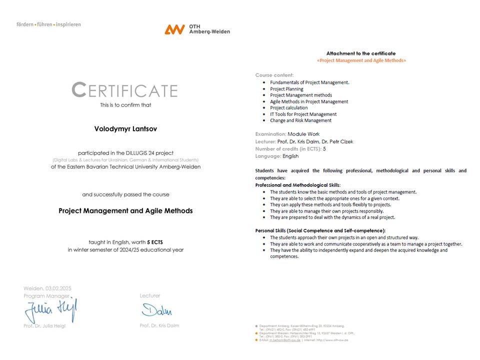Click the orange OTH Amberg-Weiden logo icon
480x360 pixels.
pos(174,29)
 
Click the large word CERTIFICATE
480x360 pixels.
pos(124,90)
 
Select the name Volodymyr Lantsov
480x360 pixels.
pos(125,128)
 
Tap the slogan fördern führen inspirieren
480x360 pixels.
pos(48,24)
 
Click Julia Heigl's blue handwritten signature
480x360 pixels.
pos(51,311)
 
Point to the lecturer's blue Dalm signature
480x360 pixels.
pos(156,310)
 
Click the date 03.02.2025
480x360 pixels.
pos(58,288)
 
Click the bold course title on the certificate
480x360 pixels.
pos(125,210)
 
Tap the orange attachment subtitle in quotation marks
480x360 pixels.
pos(361,60)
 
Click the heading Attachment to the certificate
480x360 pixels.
pos(361,53)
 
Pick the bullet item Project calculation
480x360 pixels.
pos(289,108)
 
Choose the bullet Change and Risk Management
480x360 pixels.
pos(300,120)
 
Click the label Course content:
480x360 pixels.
pos(274,75)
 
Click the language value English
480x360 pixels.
pos(290,156)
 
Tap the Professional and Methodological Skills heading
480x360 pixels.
pos(298,185)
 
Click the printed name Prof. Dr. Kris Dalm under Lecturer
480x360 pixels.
pos(159,325)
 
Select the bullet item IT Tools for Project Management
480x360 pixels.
pos(303,114)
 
